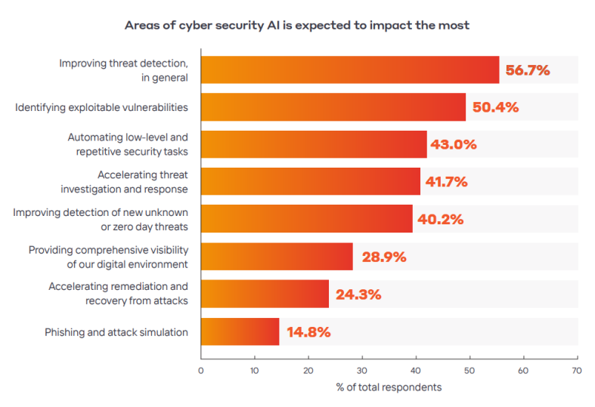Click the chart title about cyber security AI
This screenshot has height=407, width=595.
[297, 25]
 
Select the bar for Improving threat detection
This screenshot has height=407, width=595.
[349, 70]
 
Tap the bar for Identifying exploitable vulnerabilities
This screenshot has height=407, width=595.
[333, 107]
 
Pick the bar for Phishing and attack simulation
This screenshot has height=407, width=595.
[240, 331]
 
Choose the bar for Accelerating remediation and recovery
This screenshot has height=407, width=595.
[265, 294]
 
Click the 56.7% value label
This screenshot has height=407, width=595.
[528, 70]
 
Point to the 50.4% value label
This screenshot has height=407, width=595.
[495, 107]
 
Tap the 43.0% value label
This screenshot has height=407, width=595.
[454, 144]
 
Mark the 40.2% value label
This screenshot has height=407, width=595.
[441, 219]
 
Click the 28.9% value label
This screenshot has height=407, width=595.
[384, 257]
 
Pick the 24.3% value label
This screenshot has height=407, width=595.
[358, 294]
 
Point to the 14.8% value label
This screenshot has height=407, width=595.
[308, 331]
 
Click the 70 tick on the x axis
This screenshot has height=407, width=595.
[577, 371]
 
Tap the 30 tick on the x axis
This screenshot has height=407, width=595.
[362, 371]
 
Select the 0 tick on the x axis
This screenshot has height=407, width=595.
[200, 371]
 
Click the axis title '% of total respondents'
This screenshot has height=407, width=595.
[389, 387]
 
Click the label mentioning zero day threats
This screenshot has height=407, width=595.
[101, 219]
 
